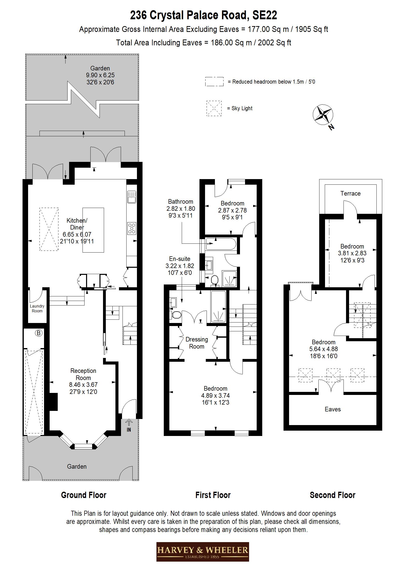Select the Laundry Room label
click(37, 309)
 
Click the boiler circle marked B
click(38, 333)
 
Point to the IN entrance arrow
click(129, 423)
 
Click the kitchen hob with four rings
click(132, 228)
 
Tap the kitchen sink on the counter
click(132, 197)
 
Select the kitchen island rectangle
click(93, 230)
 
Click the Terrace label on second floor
click(350, 194)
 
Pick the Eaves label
click(333, 409)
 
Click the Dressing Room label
click(197, 343)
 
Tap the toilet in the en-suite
click(176, 315)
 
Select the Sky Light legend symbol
click(214, 108)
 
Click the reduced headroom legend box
click(214, 82)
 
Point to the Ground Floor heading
click(84, 495)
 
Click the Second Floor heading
click(332, 495)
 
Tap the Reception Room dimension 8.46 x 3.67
click(83, 385)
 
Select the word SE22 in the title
click(265, 15)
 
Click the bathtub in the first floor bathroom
click(221, 244)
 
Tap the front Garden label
click(77, 467)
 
